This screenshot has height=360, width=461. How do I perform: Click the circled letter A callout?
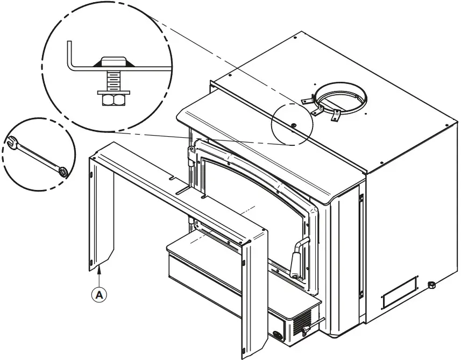click(99, 294)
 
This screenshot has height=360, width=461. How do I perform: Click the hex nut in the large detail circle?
click(112, 99)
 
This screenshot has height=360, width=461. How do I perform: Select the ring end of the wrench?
click(63, 172)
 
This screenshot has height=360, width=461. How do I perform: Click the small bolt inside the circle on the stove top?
click(295, 126)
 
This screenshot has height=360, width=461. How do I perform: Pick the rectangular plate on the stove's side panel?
click(399, 293)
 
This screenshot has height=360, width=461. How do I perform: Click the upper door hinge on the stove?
click(190, 156)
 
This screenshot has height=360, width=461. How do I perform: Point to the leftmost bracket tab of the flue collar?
click(306, 101)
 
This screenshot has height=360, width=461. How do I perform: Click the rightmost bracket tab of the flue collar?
click(337, 114)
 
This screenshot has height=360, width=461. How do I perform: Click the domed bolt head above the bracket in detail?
click(112, 61)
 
